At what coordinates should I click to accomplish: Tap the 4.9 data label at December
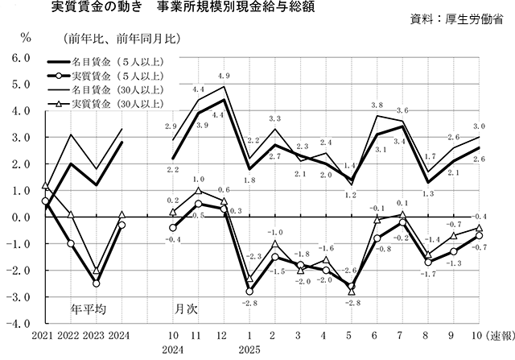(225, 76)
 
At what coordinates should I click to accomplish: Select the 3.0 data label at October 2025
(479, 126)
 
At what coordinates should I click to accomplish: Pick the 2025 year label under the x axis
(250, 350)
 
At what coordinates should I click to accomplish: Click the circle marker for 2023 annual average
(97, 283)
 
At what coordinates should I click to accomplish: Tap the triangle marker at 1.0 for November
(198, 191)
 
